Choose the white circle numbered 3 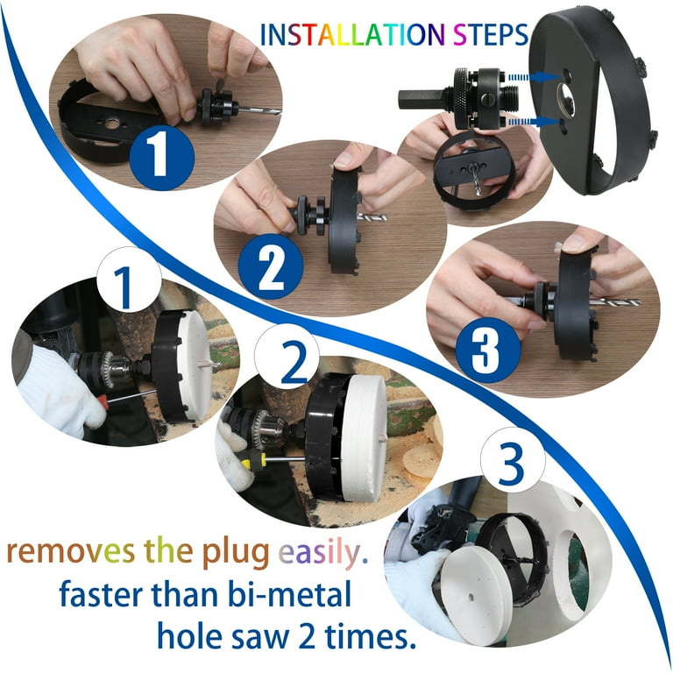(x=512, y=461)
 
